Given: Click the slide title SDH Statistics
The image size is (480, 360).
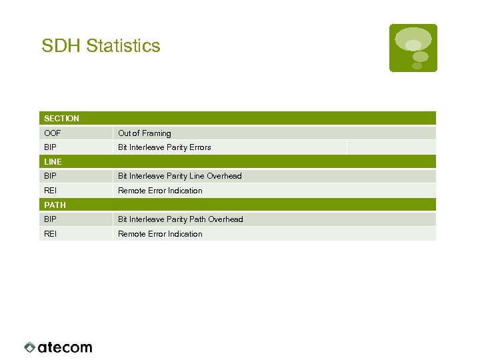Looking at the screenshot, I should click(x=101, y=46).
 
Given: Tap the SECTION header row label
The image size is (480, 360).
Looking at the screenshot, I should click(x=61, y=119).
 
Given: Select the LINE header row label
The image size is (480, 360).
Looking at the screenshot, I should click(x=53, y=162).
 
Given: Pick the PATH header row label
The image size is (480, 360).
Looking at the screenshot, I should click(x=55, y=205).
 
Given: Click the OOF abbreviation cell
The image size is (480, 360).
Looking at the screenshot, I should click(x=52, y=133).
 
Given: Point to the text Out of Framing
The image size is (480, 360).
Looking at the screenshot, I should click(x=144, y=133).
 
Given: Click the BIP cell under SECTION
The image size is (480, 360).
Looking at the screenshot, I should click(x=50, y=147).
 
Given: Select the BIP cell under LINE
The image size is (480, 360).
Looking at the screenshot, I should click(x=50, y=176).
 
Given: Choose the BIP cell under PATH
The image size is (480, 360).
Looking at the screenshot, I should click(x=50, y=219).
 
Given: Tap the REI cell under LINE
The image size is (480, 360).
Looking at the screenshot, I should click(x=50, y=191).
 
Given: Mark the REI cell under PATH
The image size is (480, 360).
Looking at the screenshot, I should click(x=50, y=234).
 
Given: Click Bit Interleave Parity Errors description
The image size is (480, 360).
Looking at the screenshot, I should click(x=164, y=147).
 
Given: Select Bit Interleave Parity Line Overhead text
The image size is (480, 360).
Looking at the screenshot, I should click(x=179, y=176).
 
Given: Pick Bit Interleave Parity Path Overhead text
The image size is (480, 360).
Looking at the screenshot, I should click(x=180, y=219).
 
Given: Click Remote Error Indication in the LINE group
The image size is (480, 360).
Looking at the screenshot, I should click(x=160, y=191).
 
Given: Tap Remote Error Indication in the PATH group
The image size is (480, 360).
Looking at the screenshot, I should click(x=160, y=234).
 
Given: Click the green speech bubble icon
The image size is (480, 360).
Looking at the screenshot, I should click(x=413, y=47).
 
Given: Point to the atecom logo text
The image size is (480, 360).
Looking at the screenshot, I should click(x=65, y=347).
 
